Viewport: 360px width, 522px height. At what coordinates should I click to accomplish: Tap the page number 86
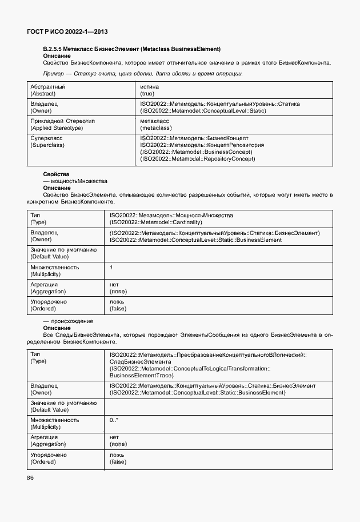click(30, 478)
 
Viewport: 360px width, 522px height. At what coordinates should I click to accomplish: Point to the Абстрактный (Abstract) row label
click(47, 90)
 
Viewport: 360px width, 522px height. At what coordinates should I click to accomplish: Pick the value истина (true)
click(149, 90)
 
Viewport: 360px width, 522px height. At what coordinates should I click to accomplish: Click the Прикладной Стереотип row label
click(62, 121)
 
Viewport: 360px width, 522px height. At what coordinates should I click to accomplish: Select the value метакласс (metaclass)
click(155, 125)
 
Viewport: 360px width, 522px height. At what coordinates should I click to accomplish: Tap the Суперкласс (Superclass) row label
click(47, 141)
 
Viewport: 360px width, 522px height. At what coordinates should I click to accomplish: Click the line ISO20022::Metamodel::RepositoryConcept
click(198, 158)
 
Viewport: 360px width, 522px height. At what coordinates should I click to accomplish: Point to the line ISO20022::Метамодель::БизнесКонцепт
click(194, 138)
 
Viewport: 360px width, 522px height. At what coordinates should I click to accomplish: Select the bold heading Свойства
click(56, 174)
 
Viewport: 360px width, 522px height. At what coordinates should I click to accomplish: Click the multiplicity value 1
click(111, 268)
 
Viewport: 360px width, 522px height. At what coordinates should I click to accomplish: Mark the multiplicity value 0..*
click(114, 420)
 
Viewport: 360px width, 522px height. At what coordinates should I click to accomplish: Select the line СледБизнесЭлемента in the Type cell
click(140, 362)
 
